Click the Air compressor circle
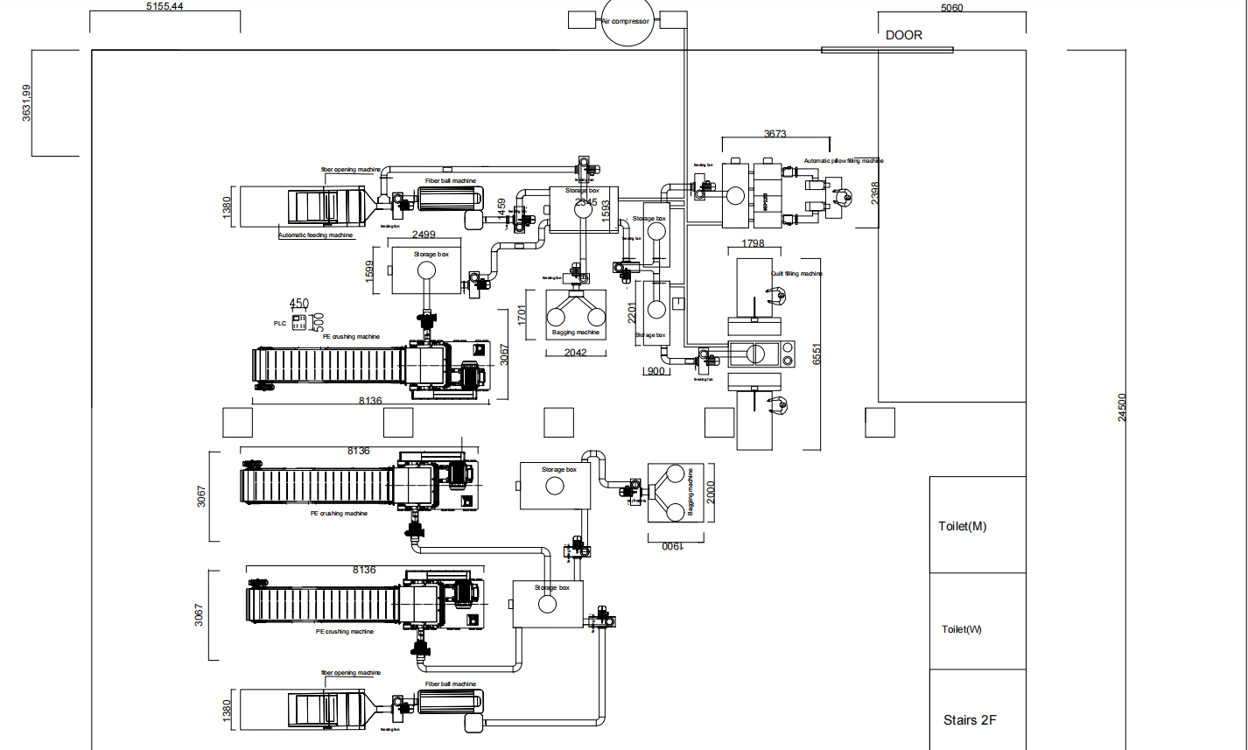(x=625, y=22)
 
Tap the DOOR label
(x=904, y=35)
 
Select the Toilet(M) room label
(x=962, y=526)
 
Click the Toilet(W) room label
(x=962, y=629)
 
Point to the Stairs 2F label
(x=970, y=720)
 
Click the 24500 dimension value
(x=1123, y=407)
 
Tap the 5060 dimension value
(x=951, y=8)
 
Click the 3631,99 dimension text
(x=27, y=102)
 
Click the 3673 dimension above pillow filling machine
(x=775, y=134)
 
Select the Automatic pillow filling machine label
(x=844, y=161)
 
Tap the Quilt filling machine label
(x=796, y=273)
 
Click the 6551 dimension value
(x=817, y=354)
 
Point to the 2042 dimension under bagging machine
(x=575, y=353)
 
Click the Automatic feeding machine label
(x=316, y=235)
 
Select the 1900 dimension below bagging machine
(x=670, y=545)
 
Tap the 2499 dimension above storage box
(x=424, y=235)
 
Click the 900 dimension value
(x=654, y=371)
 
